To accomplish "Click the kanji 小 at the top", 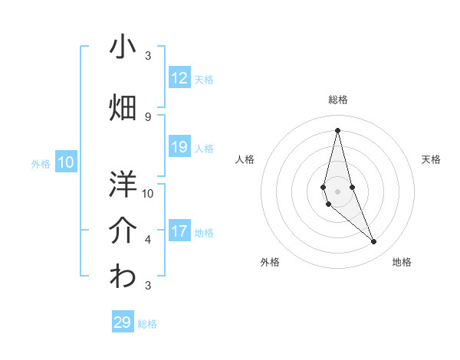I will pos(123,47).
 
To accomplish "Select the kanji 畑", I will pos(123,108).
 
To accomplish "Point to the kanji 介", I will pos(123,231).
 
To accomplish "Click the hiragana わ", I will pos(123,277).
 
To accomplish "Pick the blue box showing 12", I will pos(179,78).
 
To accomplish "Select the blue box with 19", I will pos(179,147).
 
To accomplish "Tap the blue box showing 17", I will pos(179,231).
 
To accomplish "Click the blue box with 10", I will pos(67,162).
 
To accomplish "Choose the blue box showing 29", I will pos(123,322).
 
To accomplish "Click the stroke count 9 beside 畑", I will pos(148,116).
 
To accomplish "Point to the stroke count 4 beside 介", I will pos(148,240).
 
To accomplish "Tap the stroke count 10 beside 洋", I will pos(148,193).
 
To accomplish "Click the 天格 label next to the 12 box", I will pos(204,79).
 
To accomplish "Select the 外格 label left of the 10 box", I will pos(41,163).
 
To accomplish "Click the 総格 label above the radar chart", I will pos(337,100).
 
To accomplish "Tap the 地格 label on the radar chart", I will pos(402,262).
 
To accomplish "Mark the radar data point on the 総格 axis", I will pos(337,130).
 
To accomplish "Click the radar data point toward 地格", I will pos(374,242).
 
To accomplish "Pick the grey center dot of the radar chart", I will pos(337,191).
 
